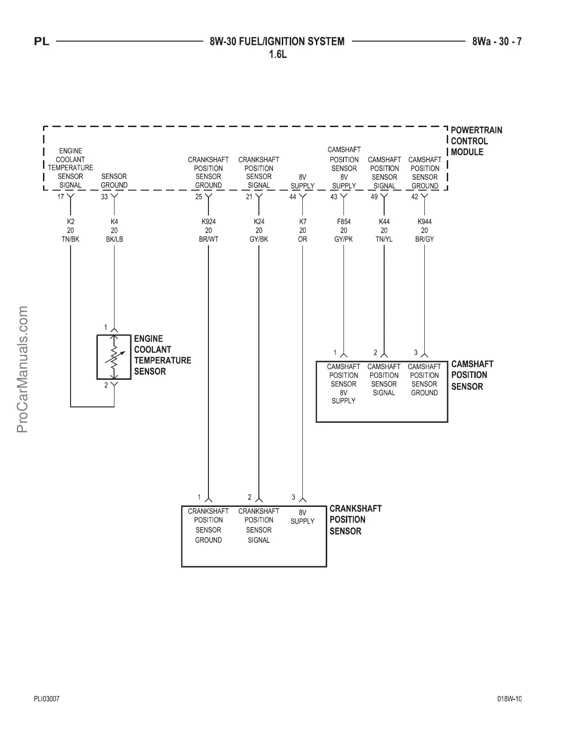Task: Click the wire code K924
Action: (x=208, y=222)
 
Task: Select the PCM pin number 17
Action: (x=61, y=197)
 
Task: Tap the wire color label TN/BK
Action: (x=71, y=239)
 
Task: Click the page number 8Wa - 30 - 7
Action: (x=497, y=42)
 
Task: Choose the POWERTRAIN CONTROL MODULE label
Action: (x=476, y=141)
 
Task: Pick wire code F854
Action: (x=343, y=222)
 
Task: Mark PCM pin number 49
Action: (x=374, y=197)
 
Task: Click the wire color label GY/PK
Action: (x=343, y=239)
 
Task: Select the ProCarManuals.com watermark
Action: (x=23, y=369)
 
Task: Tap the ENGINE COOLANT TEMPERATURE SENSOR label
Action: (x=162, y=355)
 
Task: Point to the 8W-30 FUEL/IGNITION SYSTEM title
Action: (x=277, y=42)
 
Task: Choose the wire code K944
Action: (x=424, y=222)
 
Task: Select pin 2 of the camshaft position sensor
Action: (x=375, y=353)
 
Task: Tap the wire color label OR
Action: (x=302, y=239)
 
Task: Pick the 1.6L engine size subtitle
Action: (x=277, y=55)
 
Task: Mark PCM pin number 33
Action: (x=104, y=197)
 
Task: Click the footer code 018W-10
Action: (x=509, y=699)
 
